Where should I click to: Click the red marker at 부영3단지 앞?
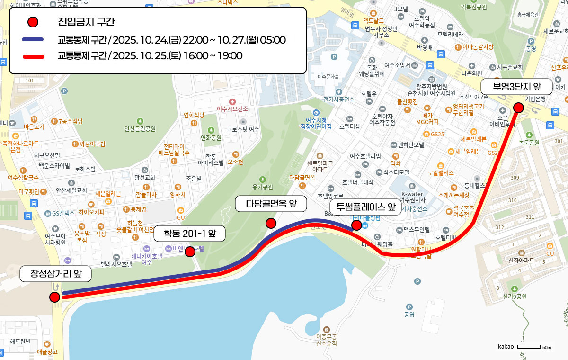click(x=518, y=108)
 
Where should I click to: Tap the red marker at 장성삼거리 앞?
click(x=54, y=297)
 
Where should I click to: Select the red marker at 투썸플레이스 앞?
click(x=356, y=225)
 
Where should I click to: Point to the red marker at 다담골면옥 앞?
click(x=271, y=223)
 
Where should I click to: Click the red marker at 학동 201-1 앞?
click(x=190, y=252)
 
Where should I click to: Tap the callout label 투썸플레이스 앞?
click(x=365, y=207)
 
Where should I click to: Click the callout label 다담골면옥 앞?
click(x=271, y=204)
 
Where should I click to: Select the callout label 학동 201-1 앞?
click(x=189, y=233)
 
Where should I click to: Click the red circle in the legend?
click(x=33, y=22)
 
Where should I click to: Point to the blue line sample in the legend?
click(x=33, y=39)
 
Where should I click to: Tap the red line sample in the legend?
click(x=33, y=56)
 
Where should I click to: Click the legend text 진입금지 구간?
click(x=86, y=22)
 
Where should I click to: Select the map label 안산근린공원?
click(x=140, y=128)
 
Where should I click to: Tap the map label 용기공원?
click(x=263, y=187)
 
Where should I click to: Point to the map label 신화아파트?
click(x=521, y=261)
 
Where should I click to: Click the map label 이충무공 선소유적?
click(x=326, y=340)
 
